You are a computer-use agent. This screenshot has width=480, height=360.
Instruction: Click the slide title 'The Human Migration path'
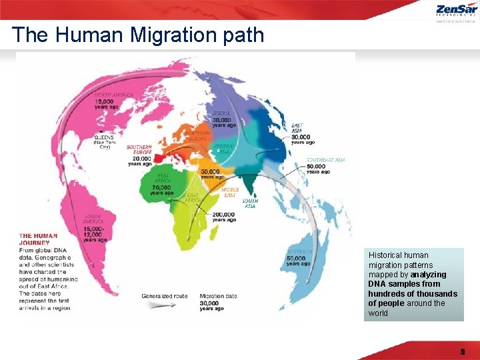[x=138, y=35]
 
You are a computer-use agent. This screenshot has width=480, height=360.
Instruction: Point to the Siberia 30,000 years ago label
[x=224, y=119]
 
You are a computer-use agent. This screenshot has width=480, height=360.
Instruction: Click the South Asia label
[x=250, y=203]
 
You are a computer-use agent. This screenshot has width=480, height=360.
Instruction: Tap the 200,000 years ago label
[x=224, y=217]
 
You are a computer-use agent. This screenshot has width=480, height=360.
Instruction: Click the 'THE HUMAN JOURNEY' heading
[x=38, y=239]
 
